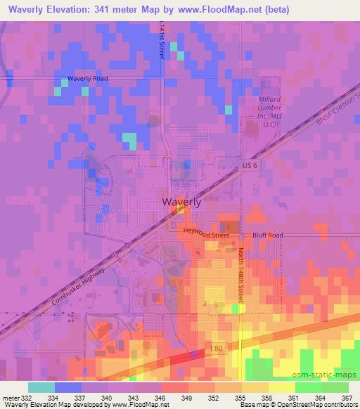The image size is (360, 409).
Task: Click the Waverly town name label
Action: (181, 202)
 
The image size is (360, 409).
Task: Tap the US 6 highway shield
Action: (241, 164)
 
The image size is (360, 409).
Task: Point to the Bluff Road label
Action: (269, 235)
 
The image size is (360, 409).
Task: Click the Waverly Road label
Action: (87, 78)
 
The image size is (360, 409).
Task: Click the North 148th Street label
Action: (240, 274)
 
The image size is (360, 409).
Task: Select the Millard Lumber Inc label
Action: (269, 112)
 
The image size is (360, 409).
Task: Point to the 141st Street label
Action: (162, 39)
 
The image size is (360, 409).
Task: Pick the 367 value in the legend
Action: (345, 397)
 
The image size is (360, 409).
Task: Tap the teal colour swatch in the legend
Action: (41, 387)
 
